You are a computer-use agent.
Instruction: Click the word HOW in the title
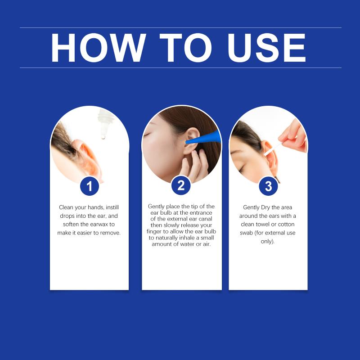[x=98, y=48]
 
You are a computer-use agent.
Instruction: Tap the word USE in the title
[x=266, y=48]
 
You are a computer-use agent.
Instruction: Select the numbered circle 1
[x=90, y=186]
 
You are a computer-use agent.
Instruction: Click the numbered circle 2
[x=181, y=185]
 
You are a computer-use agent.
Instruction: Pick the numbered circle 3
[x=268, y=186]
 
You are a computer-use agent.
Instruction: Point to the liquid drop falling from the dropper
[x=103, y=137]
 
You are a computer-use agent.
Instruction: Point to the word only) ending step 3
[x=267, y=242]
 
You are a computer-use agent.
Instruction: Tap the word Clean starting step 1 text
[x=66, y=207]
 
